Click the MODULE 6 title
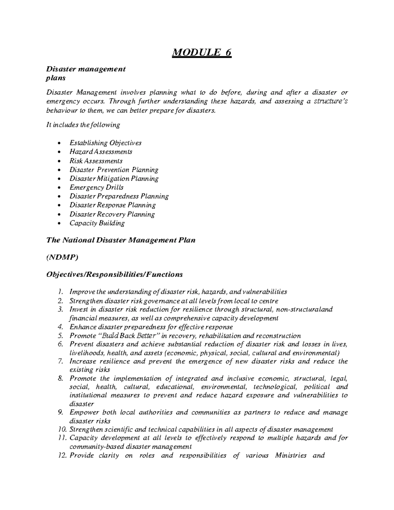tap(202, 52)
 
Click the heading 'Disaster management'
tap(86, 69)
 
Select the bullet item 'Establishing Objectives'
tap(105, 143)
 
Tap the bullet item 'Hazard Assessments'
tap(101, 152)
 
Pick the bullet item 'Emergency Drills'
tap(97, 188)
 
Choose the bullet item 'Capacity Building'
tap(97, 223)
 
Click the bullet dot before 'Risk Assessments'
tap(59, 161)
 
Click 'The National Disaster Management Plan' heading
tap(121, 240)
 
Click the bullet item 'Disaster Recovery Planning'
tap(112, 214)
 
